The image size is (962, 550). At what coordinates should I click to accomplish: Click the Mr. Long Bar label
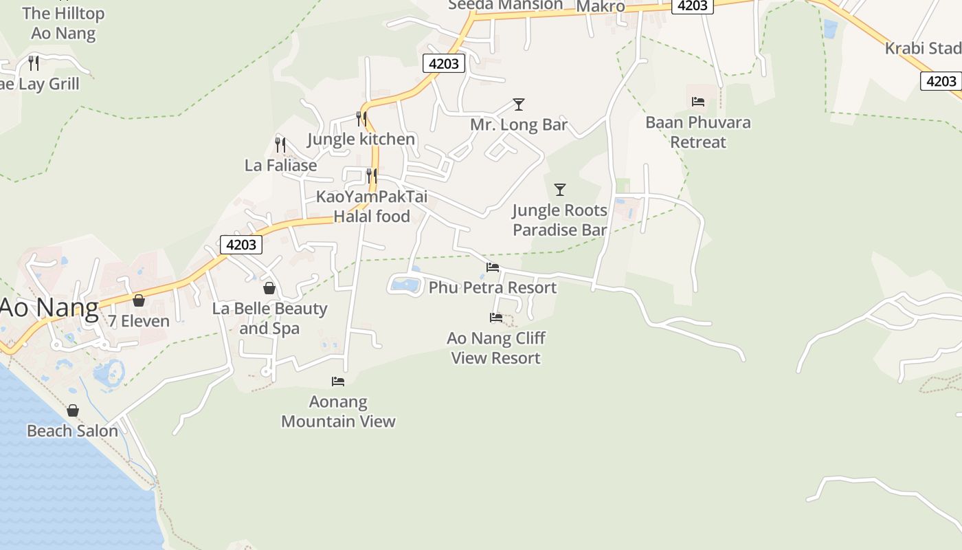tap(519, 124)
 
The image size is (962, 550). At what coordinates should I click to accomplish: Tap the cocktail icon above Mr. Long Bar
tap(519, 104)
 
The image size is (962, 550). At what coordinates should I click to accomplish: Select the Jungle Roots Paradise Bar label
tap(559, 220)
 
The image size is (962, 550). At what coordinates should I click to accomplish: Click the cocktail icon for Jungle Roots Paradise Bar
tap(560, 190)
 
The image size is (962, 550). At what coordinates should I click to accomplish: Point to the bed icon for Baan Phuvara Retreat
tap(698, 102)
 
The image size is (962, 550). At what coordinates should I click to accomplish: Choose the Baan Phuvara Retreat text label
tap(698, 132)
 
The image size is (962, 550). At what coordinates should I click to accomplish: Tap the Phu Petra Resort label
tap(493, 287)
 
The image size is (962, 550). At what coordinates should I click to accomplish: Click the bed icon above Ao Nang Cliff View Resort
tap(495, 318)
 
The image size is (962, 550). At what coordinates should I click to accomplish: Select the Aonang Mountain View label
tap(338, 411)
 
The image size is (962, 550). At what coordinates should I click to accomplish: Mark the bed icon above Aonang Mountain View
tap(338, 382)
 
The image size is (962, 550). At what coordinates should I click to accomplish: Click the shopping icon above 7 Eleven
tap(139, 300)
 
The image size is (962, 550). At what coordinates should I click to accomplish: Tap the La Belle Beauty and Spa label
tap(269, 318)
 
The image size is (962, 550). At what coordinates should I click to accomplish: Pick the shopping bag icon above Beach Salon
tap(73, 410)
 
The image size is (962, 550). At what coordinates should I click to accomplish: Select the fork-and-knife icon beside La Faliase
tap(280, 144)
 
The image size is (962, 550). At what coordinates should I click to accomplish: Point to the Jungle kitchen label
tap(361, 139)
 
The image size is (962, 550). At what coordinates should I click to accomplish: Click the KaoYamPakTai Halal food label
tap(372, 206)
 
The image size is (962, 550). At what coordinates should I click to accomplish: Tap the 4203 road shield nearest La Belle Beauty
tap(241, 244)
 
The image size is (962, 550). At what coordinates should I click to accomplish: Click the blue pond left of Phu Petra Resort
tap(405, 284)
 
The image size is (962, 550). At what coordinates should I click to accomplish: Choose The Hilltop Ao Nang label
tap(63, 23)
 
